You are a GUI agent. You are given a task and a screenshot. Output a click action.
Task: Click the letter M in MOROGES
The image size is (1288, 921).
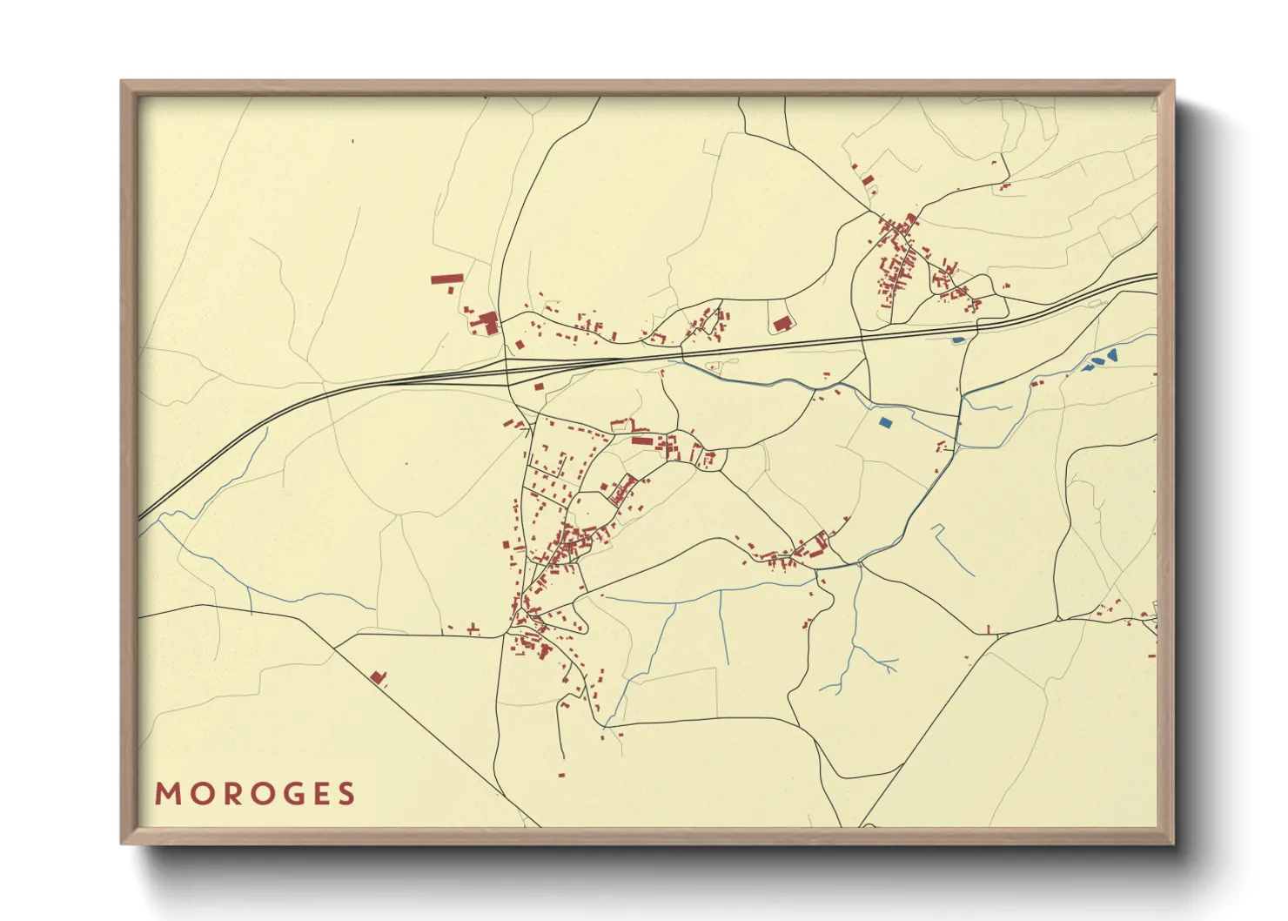[166, 794]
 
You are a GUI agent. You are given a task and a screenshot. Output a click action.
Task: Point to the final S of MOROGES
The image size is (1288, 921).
[347, 794]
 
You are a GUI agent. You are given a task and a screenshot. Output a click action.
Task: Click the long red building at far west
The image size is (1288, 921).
[446, 279]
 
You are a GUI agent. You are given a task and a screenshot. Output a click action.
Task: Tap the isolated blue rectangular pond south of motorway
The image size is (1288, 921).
[886, 422]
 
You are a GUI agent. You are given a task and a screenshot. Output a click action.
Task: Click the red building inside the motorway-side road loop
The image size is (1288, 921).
[781, 324]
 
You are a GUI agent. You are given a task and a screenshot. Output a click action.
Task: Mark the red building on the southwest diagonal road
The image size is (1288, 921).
[378, 676]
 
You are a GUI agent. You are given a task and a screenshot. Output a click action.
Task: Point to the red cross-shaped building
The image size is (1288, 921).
[473, 629]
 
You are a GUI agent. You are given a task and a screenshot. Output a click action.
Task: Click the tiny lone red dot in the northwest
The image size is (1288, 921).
[352, 141]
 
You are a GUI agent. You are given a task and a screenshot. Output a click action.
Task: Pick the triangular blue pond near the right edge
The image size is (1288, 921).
[1111, 355]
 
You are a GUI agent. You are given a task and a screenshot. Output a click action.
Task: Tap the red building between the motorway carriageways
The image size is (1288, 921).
[539, 386]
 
